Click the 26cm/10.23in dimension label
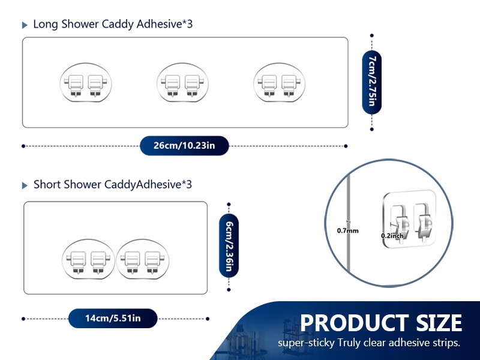[184, 145]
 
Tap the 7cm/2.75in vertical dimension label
[371, 82]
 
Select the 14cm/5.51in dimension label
[113, 319]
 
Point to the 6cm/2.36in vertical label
[229, 247]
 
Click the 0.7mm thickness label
[348, 230]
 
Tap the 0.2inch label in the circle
[392, 236]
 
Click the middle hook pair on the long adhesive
[182, 83]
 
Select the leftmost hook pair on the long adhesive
[86, 83]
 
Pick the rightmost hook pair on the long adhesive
[279, 83]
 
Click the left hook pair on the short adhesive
[88, 259]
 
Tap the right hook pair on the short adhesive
[142, 259]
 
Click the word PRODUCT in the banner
[355, 323]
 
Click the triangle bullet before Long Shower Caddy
[25, 25]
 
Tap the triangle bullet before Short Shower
[25, 185]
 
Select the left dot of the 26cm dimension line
[23, 146]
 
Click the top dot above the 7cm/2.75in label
[371, 35]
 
